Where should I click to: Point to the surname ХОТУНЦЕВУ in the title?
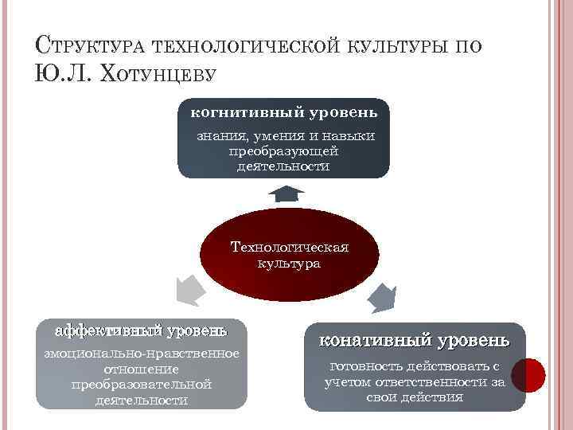pyautogui.click(x=154, y=73)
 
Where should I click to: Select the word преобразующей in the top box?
pyautogui.click(x=283, y=151)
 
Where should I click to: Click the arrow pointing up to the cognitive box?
pyautogui.click(x=285, y=193)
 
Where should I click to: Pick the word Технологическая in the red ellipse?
pyautogui.click(x=289, y=247)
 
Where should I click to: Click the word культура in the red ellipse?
pyautogui.click(x=289, y=263)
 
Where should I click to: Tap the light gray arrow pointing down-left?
pyautogui.click(x=188, y=288)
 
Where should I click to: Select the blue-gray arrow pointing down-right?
pyautogui.click(x=382, y=298)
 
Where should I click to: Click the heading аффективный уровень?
pyautogui.click(x=141, y=330)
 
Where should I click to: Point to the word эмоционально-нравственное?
pyautogui.click(x=141, y=354)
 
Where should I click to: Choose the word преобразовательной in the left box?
pyautogui.click(x=141, y=385)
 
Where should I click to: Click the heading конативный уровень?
pyautogui.click(x=415, y=341)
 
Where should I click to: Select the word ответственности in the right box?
pyautogui.click(x=439, y=382)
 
